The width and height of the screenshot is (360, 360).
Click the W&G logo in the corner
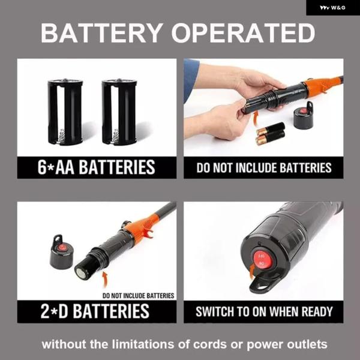(x=332, y=8)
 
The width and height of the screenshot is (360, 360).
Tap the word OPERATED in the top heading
(x=243, y=33)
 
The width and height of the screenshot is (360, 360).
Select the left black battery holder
(x=65, y=112)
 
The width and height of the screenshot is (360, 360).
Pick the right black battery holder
(x=119, y=112)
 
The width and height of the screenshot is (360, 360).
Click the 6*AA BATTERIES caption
(x=97, y=167)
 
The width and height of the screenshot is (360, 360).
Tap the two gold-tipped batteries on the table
(x=271, y=134)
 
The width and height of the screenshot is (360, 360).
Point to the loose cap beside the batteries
(x=304, y=115)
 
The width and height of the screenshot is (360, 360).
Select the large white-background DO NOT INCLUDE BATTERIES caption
(x=264, y=167)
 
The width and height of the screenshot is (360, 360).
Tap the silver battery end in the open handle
(x=81, y=273)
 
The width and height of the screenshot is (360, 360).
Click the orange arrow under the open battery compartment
(x=105, y=279)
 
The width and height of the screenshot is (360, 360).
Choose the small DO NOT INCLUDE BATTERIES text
(x=138, y=296)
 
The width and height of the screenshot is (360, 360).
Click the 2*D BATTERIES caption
(x=95, y=311)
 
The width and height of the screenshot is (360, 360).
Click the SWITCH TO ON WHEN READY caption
(x=264, y=311)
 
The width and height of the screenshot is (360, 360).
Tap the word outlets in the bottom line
(x=307, y=344)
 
